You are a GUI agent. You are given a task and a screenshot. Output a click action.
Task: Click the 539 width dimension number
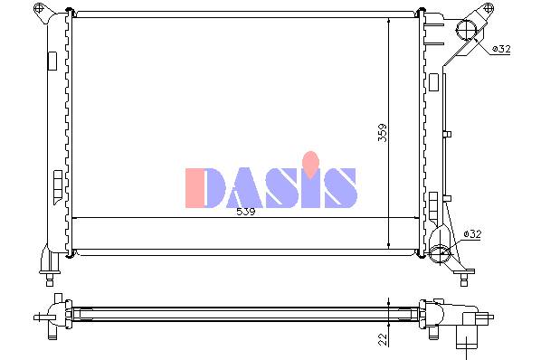[x=246, y=212]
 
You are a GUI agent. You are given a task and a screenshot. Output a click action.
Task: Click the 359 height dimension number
[x=383, y=133]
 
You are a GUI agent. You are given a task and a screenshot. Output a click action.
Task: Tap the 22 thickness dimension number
[x=383, y=339]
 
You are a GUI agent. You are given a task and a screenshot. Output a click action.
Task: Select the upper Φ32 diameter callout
[x=501, y=49]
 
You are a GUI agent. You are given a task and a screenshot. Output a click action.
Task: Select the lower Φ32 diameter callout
[x=472, y=234]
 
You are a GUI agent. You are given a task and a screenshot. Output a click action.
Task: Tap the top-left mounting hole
[x=40, y=7]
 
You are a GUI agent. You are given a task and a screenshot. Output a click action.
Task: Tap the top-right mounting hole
[x=488, y=7]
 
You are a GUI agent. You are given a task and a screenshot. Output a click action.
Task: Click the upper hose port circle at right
[x=466, y=29]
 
